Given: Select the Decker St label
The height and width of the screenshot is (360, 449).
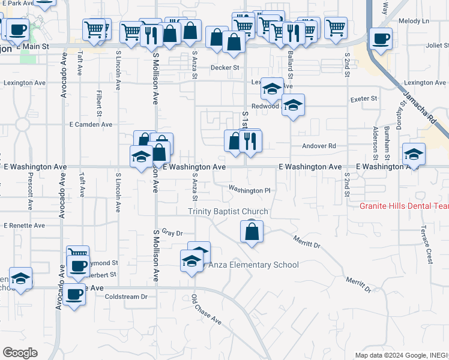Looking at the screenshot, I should click(224, 68).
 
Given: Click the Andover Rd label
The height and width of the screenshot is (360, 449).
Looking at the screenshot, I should click(322, 146).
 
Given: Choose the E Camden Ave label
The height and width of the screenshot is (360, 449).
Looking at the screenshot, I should click(91, 125).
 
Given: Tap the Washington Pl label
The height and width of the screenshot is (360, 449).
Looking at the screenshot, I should click(250, 190).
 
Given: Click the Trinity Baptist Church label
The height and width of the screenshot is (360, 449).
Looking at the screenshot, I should click(228, 211).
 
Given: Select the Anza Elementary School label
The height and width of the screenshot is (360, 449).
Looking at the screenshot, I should click(253, 265).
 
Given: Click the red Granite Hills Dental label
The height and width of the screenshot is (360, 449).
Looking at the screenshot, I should click(404, 206).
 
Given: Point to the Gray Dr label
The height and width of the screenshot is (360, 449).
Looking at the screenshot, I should click(172, 232).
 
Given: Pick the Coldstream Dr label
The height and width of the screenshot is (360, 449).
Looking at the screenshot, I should click(126, 297).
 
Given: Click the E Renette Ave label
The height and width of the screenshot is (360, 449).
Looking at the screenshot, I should click(24, 226).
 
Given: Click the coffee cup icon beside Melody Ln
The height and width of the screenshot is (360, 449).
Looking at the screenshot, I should click(381, 38).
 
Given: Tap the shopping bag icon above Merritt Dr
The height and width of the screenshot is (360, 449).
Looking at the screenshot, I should click(252, 231).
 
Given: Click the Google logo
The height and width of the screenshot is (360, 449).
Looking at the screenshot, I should click(20, 353).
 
